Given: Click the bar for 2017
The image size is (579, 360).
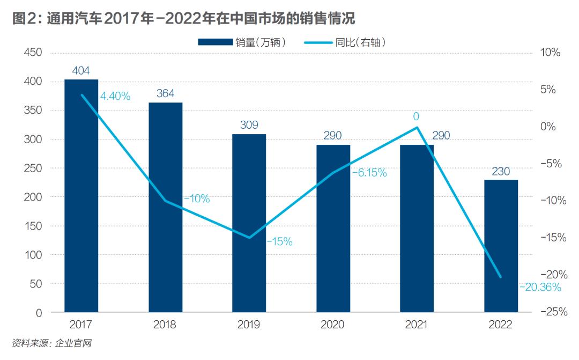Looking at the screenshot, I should pos(81,195).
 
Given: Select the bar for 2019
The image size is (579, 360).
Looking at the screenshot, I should pos(249,223).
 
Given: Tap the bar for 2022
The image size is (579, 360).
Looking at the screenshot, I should pos(501,246).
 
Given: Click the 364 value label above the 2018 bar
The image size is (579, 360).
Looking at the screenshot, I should pos(165,93).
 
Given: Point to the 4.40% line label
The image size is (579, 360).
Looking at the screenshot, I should pos(115,97).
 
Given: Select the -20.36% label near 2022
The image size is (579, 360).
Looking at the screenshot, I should pos(540,288).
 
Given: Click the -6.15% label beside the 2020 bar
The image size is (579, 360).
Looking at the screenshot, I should pos(369,173).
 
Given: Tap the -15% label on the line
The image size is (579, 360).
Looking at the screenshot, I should pos(279,242).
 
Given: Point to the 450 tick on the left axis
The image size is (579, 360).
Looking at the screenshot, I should pos(33,53).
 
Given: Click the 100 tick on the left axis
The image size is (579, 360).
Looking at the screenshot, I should pos(33,255).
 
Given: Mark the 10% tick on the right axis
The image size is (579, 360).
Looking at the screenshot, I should pos(550,53).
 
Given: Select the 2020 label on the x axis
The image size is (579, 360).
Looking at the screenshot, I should pos(333,325).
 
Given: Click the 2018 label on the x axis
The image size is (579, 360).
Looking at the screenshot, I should pos(165,325).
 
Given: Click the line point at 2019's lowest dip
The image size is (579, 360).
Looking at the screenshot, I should pos(249,238).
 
